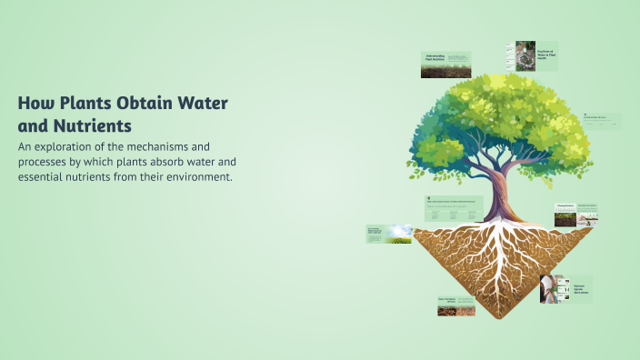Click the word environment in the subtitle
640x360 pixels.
tap(195, 176)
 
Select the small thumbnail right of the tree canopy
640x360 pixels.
tap(602, 120)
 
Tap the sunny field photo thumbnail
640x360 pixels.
tap(388, 234)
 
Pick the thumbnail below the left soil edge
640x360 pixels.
tap(455, 305)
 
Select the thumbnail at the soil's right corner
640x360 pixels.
tap(576, 215)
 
